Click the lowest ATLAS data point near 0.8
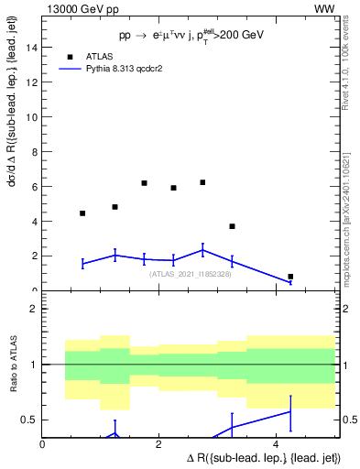pyautogui.click(x=290, y=277)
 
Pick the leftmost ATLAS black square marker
pyautogui.click(x=82, y=213)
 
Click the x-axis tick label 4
pyautogui.click(x=276, y=444)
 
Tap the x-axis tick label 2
pyautogui.click(x=159, y=444)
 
